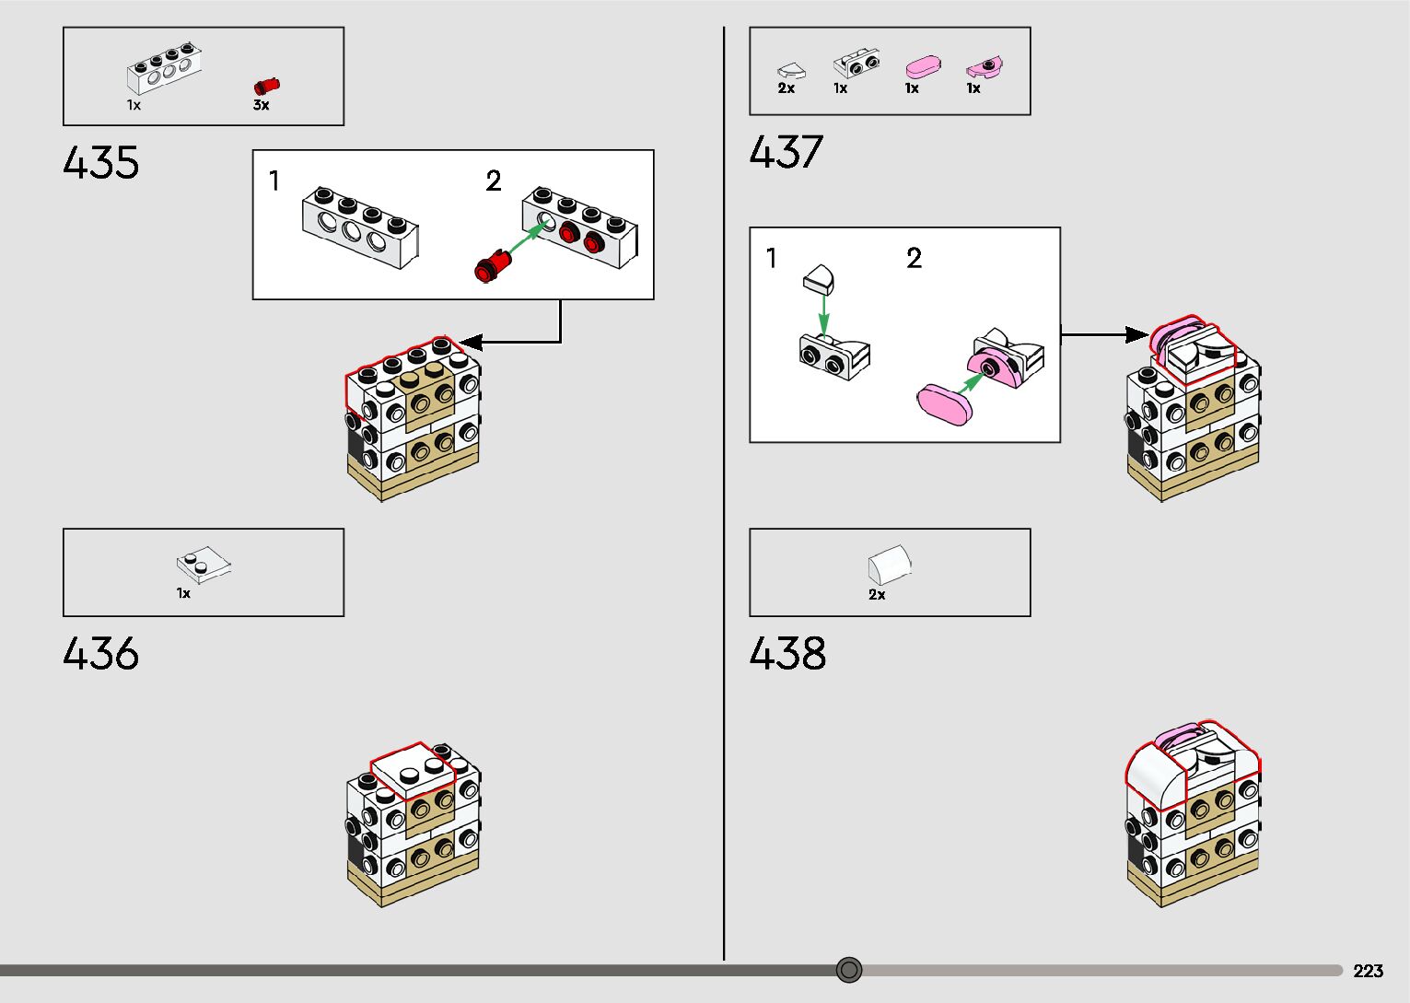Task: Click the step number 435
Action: tap(101, 163)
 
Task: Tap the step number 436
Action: tap(101, 654)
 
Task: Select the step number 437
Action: tap(787, 153)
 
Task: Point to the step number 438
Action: tap(787, 654)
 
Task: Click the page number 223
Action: tap(1368, 971)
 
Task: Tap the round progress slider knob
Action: tap(849, 970)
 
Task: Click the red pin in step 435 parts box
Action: tap(266, 86)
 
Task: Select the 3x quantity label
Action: tap(262, 105)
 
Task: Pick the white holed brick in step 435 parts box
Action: tap(164, 71)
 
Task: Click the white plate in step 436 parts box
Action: tap(204, 564)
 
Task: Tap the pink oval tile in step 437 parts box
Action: tap(923, 67)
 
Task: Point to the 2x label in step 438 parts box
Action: tap(877, 595)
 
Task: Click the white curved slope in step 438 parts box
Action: tap(889, 564)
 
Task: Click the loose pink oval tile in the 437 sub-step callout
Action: tap(945, 402)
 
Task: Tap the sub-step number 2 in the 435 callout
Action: tap(494, 181)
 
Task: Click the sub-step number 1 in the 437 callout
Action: tap(772, 259)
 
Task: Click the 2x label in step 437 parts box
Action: tap(786, 88)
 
